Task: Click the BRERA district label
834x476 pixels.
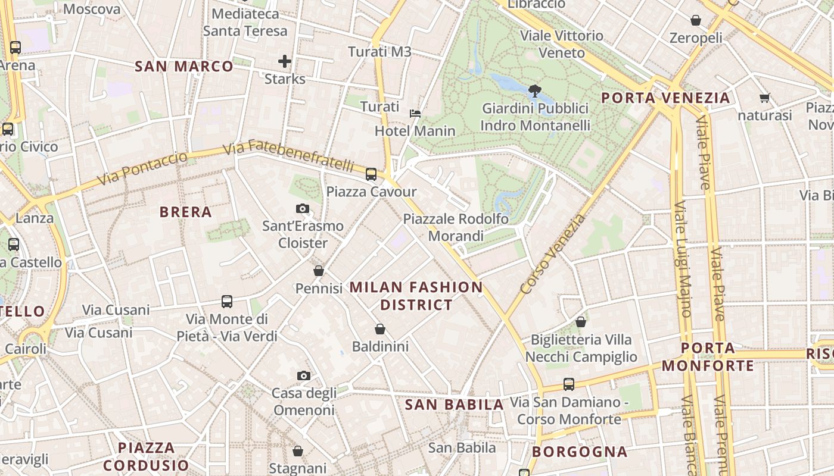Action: coord(186,212)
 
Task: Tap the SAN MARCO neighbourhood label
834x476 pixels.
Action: coord(184,66)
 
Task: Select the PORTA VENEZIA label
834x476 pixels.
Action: coord(665,98)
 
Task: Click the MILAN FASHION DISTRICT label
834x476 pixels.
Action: coord(416,296)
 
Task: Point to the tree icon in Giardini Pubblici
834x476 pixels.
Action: coord(534,91)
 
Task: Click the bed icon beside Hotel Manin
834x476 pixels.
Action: coord(415,113)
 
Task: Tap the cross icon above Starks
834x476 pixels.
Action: coord(285,61)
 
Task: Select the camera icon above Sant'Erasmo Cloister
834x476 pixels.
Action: coord(303,208)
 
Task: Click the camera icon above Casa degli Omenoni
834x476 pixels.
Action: coord(304,375)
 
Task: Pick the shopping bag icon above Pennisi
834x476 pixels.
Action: coord(319,271)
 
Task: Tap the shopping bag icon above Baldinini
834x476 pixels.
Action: coord(380,328)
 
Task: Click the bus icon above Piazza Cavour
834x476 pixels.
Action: coord(371,174)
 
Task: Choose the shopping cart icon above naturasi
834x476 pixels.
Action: coord(764,98)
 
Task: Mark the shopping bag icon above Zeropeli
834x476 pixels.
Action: coord(695,20)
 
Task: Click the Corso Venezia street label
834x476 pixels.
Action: coord(553,254)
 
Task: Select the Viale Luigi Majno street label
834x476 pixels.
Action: coord(683,259)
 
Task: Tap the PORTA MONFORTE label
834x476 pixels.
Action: coord(708,356)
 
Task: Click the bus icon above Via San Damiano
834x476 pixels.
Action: coord(569,384)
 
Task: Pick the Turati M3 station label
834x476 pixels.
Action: coord(379,52)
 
